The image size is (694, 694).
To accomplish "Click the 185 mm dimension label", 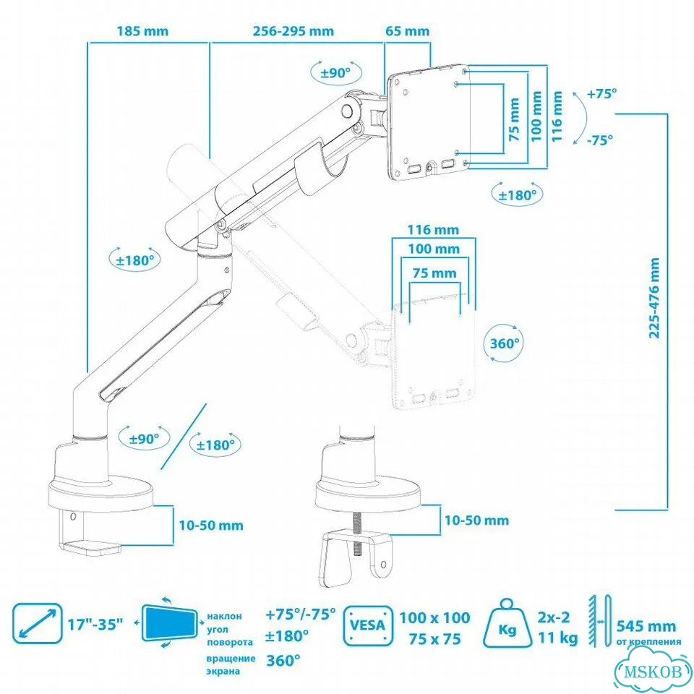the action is pos(142,31).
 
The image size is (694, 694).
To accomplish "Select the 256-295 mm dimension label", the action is pos(293,31).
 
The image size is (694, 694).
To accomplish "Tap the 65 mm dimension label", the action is pos(407,31).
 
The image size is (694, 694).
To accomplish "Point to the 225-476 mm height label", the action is pos(654,298).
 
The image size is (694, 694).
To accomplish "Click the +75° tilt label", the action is pos(601,94).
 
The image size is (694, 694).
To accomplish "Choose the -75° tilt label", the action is pos(600,140).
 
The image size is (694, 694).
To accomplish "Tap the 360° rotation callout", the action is pos(504,343).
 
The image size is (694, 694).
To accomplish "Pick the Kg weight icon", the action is pos(507,623).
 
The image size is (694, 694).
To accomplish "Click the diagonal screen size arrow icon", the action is pos(37,623).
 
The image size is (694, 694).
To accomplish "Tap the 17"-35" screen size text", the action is pos(95,625).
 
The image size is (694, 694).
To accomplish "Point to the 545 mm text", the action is pos(646,626).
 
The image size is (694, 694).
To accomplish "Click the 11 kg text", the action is pos(557,638).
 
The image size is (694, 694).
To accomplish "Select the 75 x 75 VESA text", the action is pos(434,639).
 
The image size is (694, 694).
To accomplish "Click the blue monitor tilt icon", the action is pos(169,622).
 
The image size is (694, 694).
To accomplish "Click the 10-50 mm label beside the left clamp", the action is pos(210,526).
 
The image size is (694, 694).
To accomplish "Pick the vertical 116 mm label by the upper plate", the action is pos(557,116).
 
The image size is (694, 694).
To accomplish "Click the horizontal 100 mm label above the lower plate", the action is pos(434,249).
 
